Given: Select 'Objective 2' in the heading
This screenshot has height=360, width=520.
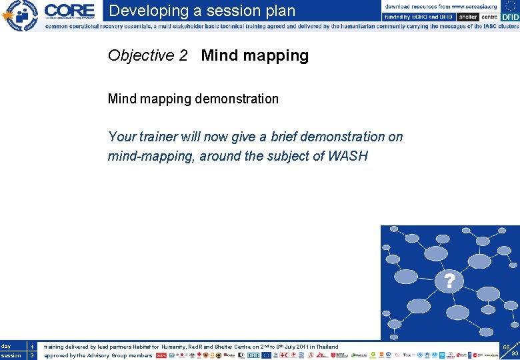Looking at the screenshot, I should [x=147, y=55].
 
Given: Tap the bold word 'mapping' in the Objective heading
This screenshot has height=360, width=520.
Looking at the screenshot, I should [x=277, y=55].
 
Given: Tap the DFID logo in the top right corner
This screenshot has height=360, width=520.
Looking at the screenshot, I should [x=510, y=17].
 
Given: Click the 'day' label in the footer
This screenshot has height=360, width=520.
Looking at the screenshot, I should [x=6, y=347].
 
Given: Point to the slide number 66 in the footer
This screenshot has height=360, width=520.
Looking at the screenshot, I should [x=507, y=347].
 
